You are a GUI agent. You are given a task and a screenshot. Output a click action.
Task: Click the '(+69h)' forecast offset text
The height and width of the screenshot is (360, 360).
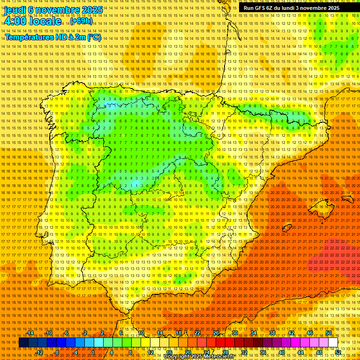click(x=82, y=21)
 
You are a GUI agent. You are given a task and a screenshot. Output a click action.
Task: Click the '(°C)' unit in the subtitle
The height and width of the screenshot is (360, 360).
click(x=94, y=37)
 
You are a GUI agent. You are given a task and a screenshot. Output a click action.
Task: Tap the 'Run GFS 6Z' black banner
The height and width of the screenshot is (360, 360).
click(x=289, y=8)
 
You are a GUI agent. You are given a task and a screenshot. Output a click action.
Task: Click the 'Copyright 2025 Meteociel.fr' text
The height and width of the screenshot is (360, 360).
click(x=205, y=357)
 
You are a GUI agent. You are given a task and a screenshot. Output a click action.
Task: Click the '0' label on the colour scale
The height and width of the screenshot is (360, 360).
click(x=93, y=352)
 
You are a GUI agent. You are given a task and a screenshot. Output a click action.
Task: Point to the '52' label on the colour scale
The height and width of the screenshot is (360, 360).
click(x=337, y=352)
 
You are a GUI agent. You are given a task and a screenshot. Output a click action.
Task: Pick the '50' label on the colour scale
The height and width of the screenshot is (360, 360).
click(x=328, y=333)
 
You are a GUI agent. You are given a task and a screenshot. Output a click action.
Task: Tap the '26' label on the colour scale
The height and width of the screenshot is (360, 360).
click(x=216, y=333)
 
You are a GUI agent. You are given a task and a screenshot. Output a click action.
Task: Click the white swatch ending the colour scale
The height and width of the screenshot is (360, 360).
click(x=333, y=343)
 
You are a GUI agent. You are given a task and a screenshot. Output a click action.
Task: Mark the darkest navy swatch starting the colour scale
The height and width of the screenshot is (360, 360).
click(x=23, y=343)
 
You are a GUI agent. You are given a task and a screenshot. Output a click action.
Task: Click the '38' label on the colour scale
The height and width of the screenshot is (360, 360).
click(x=272, y=333)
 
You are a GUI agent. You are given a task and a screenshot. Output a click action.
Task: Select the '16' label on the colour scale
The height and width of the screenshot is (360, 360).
click(x=169, y=352)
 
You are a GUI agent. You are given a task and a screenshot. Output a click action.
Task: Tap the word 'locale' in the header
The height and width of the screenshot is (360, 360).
click(x=45, y=22)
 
